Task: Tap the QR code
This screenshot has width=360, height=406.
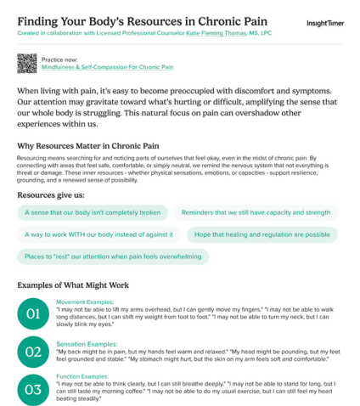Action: coord(26,62)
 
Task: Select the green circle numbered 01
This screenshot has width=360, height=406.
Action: coord(32,315)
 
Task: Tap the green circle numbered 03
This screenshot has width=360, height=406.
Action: coord(32,389)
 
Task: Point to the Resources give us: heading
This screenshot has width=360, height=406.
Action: coord(52,195)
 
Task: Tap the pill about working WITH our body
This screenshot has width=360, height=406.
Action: coord(93,234)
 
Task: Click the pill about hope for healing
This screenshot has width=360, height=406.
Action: coord(265,234)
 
